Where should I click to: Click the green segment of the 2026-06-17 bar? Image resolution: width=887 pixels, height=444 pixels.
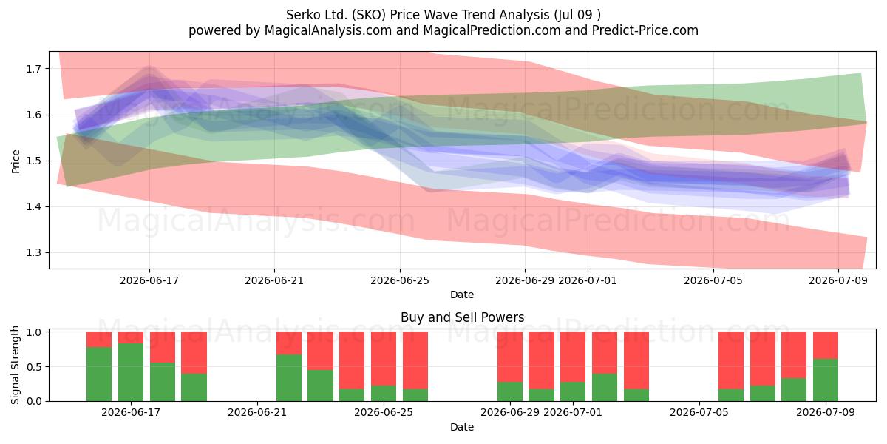131,372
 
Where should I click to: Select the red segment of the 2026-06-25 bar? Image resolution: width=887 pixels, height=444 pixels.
384,358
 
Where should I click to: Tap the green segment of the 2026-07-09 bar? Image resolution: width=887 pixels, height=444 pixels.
826,380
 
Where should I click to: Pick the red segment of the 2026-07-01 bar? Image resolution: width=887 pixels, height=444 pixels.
573,357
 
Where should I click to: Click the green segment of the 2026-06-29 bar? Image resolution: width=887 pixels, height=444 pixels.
510,391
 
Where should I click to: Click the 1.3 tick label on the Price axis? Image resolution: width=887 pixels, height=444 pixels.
33,252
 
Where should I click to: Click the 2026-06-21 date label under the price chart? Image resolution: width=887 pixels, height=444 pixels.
274,280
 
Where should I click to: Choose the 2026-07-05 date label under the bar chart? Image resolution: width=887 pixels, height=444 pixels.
699,412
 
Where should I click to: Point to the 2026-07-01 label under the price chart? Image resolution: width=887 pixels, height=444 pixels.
587,280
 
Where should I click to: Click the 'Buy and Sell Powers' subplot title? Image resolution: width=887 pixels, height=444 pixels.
462,317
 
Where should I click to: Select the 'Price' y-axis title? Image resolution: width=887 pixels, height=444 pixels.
16,161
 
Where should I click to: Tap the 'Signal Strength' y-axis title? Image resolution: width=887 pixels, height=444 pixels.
15,365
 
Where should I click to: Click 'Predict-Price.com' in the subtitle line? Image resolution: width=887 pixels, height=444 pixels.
645,30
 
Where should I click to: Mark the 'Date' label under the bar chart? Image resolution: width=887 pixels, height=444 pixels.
462,427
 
